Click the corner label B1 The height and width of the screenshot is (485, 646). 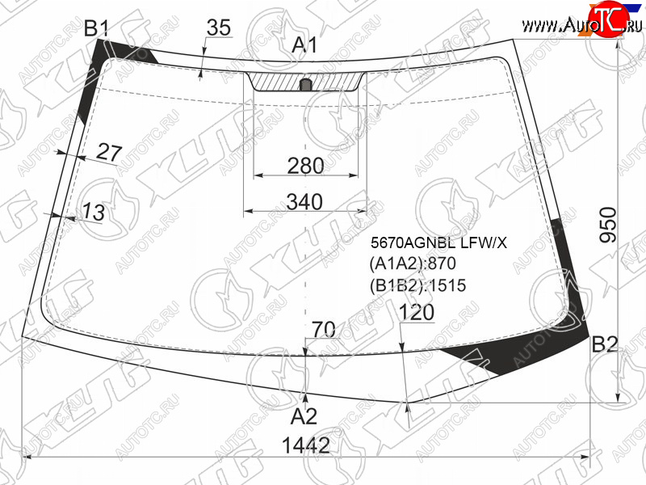[96, 28]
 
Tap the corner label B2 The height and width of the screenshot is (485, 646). [604, 344]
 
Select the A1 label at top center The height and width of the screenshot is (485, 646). [304, 44]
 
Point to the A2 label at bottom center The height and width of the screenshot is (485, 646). [304, 416]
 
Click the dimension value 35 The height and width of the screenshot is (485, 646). [219, 27]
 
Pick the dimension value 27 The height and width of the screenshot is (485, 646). [109, 152]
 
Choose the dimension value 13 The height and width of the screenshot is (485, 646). [94, 212]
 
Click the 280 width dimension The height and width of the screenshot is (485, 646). [305, 166]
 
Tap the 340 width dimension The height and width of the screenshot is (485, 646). [304, 201]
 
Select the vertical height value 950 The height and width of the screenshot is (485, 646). [609, 225]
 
